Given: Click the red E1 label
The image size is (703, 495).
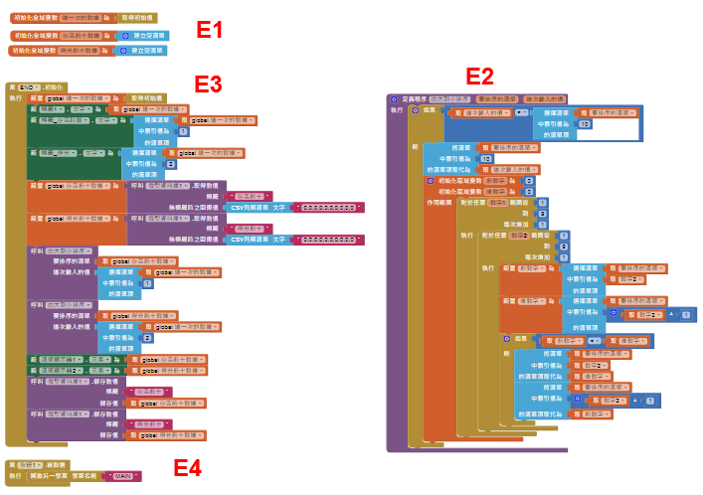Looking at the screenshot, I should (x=210, y=30).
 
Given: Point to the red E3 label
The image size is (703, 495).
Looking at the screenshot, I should (x=208, y=83).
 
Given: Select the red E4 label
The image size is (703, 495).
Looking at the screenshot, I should (x=188, y=467).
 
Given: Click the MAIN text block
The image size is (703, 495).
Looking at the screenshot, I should (x=121, y=476).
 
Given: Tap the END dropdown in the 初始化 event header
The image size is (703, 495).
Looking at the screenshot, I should (x=29, y=87).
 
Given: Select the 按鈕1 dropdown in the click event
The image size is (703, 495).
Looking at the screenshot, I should (x=30, y=465).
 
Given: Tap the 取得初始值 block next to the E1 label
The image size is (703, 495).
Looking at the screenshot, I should (x=136, y=18).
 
